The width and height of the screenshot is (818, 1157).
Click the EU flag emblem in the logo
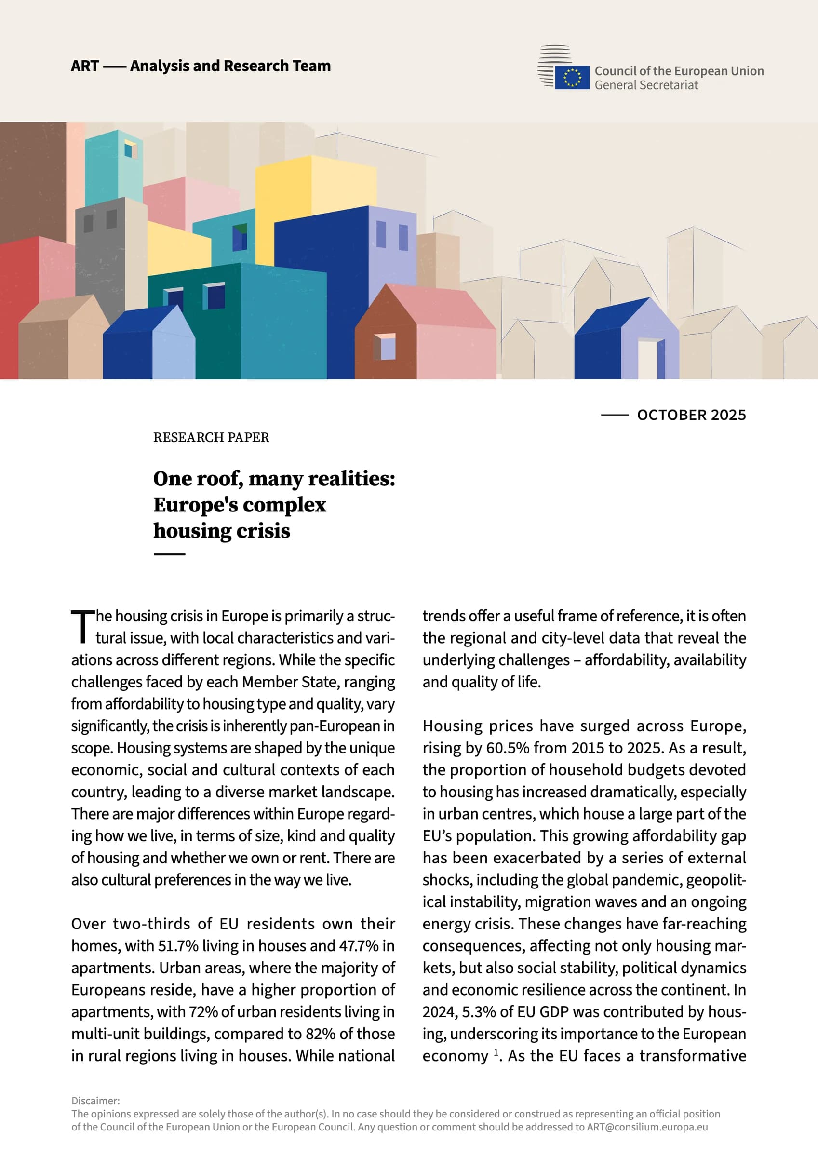pyautogui.click(x=572, y=77)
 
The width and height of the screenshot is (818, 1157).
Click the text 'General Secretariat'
pyautogui.click(x=646, y=85)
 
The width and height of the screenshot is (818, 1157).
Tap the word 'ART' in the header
pyautogui.click(x=85, y=66)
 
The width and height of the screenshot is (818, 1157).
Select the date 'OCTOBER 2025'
pyautogui.click(x=691, y=415)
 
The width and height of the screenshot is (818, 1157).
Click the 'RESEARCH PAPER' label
pyautogui.click(x=211, y=437)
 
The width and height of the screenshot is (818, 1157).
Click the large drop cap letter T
pyautogui.click(x=82, y=626)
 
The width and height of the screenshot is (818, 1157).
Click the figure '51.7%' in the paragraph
pyautogui.click(x=178, y=946)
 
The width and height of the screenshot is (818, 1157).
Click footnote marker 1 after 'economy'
pyautogui.click(x=496, y=1053)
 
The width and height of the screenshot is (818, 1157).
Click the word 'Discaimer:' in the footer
pyautogui.click(x=96, y=1101)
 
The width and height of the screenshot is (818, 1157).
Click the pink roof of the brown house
pyautogui.click(x=443, y=308)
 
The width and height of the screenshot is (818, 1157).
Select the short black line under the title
pyautogui.click(x=169, y=554)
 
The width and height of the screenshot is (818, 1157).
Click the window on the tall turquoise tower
pyautogui.click(x=131, y=150)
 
